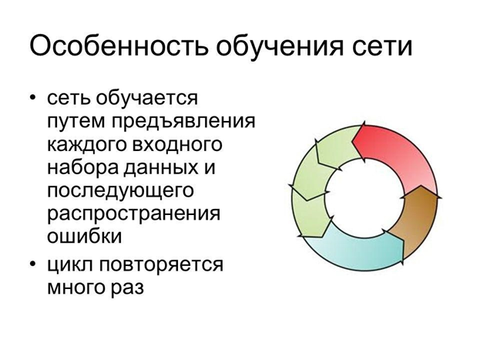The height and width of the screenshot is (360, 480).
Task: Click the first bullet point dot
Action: point(33,99)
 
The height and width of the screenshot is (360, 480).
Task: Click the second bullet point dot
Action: point(33,266)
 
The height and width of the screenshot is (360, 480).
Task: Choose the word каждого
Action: point(87,145)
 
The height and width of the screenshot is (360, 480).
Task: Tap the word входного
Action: point(179,145)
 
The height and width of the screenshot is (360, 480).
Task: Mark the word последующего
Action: point(119,190)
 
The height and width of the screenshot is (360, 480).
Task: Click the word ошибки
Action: point(85,235)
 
